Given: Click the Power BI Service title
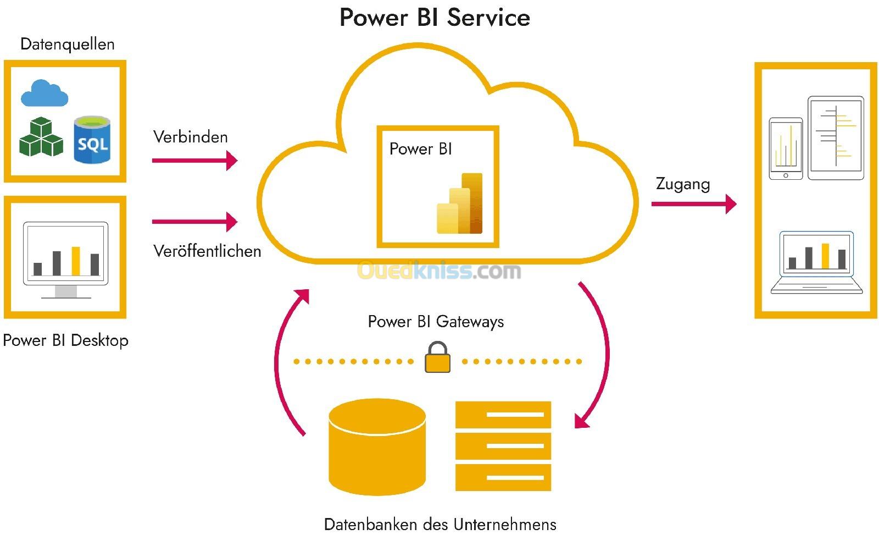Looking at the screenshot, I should coord(435,18).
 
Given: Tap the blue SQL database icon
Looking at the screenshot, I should coord(92,140).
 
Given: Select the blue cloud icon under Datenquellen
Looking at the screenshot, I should coord(44,93).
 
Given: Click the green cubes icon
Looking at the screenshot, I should coord(41,137).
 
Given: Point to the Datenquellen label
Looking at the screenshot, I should coord(67,44).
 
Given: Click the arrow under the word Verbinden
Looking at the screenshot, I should coord(194,161).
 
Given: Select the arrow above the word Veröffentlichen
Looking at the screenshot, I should coord(194,222).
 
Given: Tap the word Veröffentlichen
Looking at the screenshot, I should coord(207,251).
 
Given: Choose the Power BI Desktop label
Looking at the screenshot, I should coord(65,340).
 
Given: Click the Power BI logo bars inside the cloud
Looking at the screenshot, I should coord(460,204).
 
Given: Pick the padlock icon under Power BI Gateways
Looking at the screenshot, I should coord(437,357).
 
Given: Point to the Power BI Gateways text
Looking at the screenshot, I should coord(436,322).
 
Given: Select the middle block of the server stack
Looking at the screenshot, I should coord(503,445).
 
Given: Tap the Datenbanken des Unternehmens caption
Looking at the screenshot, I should coord(440,525).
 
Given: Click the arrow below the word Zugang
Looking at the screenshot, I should coord(693,204).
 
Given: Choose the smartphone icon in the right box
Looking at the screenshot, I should coord(786,148).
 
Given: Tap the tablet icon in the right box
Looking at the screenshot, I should coord(836,138).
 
